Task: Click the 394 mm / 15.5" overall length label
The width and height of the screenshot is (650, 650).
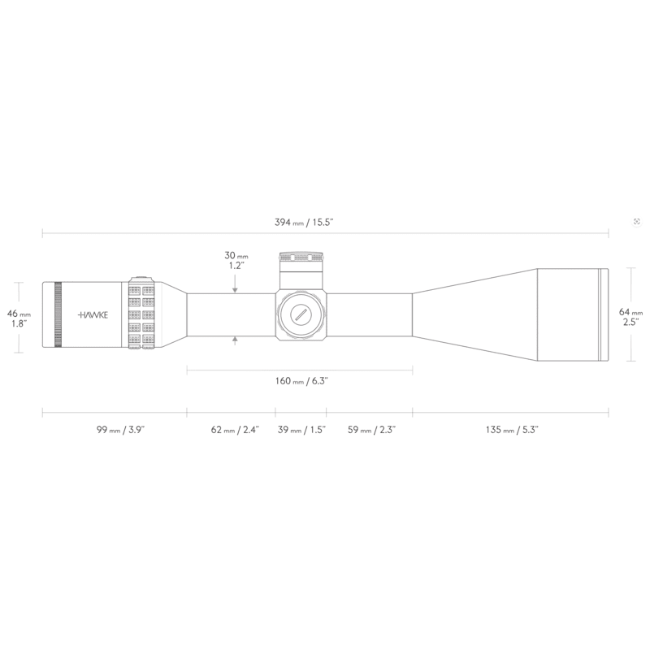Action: coord(304,222)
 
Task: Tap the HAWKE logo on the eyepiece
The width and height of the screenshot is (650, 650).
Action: coord(93,315)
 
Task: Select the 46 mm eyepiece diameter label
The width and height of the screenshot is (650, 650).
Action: coord(19,318)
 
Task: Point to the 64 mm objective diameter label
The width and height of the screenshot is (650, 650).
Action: coord(630,317)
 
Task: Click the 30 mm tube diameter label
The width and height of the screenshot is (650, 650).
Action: coord(236,261)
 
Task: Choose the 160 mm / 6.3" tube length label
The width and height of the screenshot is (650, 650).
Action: coord(301,381)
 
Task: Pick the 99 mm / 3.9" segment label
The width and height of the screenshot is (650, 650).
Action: coord(120,430)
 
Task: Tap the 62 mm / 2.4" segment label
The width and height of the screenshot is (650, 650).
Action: coord(235,430)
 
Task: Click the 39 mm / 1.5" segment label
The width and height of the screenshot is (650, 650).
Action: coord(301,430)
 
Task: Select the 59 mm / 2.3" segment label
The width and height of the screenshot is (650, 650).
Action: coord(371,430)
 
